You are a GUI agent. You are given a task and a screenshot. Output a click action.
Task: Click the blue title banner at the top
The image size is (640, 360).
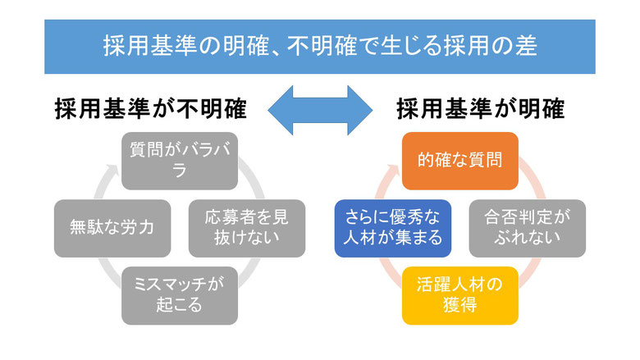(x=320, y=47)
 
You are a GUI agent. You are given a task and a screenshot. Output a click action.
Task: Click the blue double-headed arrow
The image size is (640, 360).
(x=320, y=110)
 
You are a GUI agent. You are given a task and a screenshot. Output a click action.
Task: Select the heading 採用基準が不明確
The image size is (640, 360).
(x=151, y=109)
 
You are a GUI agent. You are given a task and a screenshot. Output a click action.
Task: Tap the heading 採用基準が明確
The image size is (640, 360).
(x=481, y=109)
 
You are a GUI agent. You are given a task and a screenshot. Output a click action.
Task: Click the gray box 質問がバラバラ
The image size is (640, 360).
(x=180, y=161)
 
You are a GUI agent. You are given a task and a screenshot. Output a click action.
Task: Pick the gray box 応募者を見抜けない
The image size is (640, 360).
(x=247, y=228)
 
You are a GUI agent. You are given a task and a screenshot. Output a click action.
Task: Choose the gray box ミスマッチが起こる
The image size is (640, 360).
(x=180, y=295)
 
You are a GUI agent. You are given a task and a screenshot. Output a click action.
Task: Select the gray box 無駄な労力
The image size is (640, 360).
(x=112, y=228)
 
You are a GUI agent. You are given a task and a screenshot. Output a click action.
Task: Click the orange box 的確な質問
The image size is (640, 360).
(x=460, y=161)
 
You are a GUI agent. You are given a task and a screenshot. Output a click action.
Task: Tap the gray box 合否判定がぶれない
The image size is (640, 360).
(x=528, y=228)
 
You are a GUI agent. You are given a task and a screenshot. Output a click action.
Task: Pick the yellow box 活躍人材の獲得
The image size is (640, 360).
(x=460, y=295)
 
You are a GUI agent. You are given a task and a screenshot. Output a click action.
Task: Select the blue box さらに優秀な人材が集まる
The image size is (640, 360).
(x=393, y=228)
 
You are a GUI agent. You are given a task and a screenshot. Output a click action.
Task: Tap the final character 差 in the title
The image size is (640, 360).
(x=526, y=46)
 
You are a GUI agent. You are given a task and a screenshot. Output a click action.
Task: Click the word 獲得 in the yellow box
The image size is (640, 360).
(x=460, y=304)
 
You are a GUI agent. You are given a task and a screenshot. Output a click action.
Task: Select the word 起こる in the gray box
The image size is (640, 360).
(x=179, y=304)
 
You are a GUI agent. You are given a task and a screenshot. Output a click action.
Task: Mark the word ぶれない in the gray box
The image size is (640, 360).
(x=528, y=237)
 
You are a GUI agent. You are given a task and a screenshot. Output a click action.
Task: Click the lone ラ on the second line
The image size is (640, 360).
(x=180, y=171)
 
